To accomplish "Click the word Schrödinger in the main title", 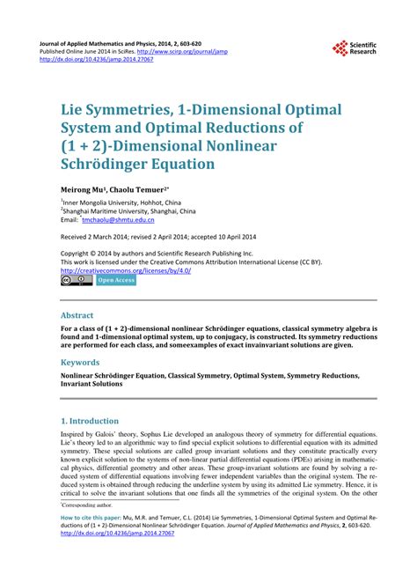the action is (x=106, y=165).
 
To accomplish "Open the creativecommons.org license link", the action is (x=126, y=270).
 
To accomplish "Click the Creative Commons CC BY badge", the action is (x=76, y=280).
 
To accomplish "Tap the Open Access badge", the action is (x=116, y=280).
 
